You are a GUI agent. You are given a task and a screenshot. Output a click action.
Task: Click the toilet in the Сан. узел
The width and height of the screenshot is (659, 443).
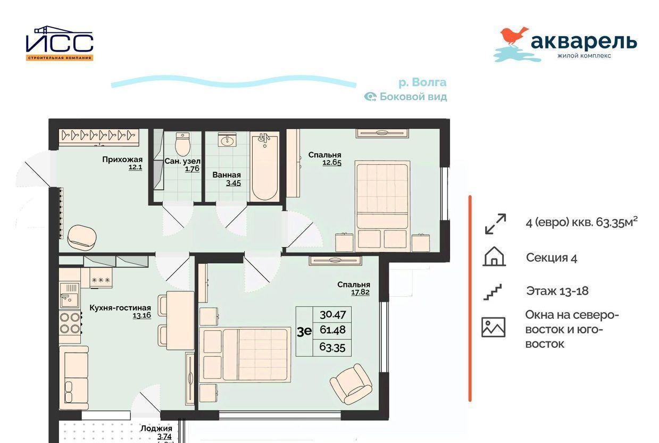(x=182, y=144)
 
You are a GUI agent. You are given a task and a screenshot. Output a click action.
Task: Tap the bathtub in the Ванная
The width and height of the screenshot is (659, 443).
(x=264, y=166)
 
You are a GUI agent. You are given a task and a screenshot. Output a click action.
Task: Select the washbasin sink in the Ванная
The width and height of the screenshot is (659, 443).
(x=227, y=140)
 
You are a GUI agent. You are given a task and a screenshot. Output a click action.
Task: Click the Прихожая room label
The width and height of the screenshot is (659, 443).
(x=122, y=160)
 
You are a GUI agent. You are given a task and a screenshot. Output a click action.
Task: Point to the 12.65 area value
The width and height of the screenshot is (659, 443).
(x=332, y=163)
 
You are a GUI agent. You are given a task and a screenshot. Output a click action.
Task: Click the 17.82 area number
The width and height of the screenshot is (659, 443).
(x=360, y=292)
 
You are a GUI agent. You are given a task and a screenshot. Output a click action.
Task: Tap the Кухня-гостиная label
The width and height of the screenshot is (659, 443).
(x=120, y=308)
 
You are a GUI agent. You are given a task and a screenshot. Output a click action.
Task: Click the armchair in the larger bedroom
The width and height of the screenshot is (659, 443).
(x=351, y=384)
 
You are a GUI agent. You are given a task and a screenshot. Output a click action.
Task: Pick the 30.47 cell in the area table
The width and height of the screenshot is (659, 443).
(x=333, y=315)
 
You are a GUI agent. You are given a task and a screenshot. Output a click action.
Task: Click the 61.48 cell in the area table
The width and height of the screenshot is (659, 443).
(x=333, y=330)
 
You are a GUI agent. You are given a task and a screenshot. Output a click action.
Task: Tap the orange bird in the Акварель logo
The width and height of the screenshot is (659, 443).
(x=514, y=37)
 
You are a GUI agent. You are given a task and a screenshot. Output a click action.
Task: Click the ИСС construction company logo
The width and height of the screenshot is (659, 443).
(x=60, y=43)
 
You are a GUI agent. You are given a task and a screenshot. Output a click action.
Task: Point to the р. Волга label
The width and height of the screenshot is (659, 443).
(x=422, y=82)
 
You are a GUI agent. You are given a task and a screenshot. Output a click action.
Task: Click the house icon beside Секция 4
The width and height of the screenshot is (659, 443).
(x=494, y=256)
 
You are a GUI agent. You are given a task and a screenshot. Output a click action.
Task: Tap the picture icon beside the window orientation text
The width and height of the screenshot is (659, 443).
(x=494, y=327)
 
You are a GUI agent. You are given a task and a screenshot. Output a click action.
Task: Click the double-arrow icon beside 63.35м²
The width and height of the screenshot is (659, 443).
(x=495, y=224)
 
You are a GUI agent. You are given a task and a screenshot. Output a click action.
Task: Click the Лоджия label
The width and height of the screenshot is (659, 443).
(x=156, y=429)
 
